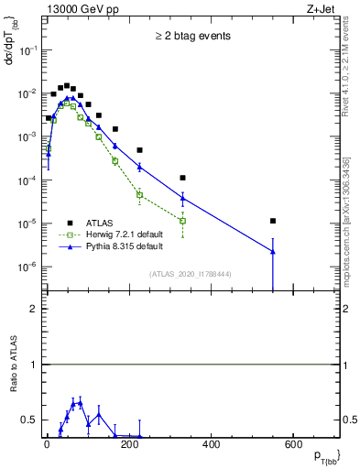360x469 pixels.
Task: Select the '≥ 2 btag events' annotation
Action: (x=191, y=37)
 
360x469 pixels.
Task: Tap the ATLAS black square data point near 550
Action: (x=273, y=221)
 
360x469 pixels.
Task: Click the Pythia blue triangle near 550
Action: (x=273, y=251)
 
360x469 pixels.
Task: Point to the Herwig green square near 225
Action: (x=139, y=194)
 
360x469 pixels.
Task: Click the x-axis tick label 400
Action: (x=211, y=444)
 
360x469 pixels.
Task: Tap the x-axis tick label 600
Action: (x=293, y=444)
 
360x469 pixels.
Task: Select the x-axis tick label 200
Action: (x=129, y=444)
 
